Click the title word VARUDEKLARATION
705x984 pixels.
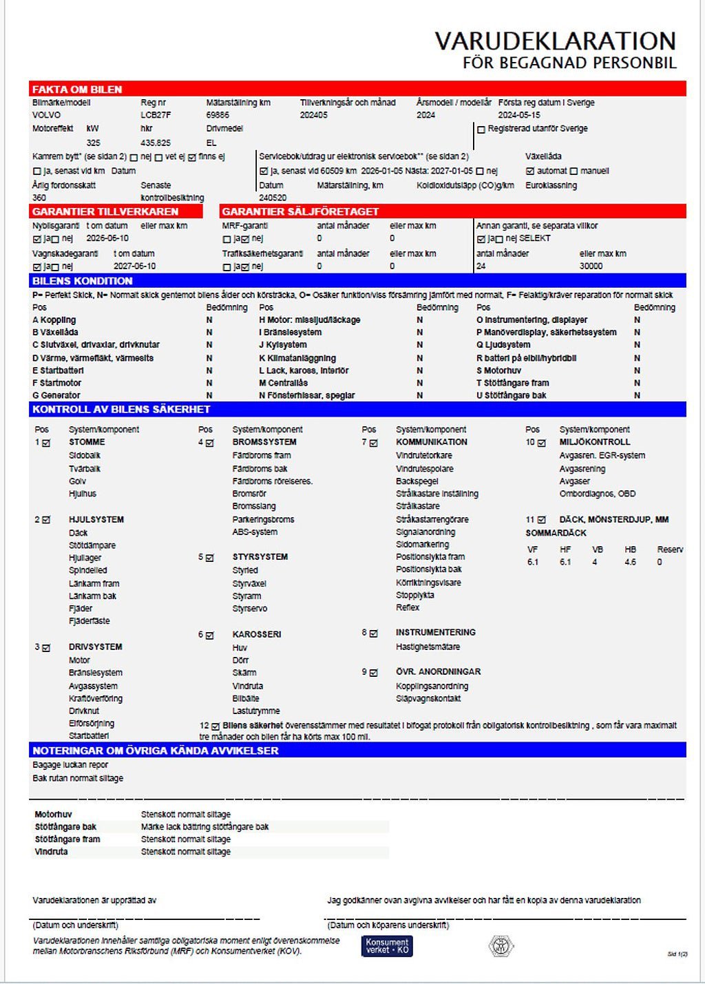(x=555, y=41)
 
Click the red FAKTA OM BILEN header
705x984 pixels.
(x=77, y=90)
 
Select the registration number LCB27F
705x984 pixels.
(x=156, y=115)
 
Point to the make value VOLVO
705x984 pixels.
(x=46, y=115)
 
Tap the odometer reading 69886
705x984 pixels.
(x=218, y=115)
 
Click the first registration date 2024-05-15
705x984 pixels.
(x=519, y=115)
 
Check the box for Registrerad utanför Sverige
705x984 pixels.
(x=481, y=129)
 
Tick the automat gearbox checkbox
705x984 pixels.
(x=530, y=171)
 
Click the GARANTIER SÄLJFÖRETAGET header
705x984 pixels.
(x=300, y=211)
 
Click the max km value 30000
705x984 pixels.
(x=591, y=266)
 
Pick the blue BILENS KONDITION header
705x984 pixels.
(x=83, y=281)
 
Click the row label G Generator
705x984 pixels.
(x=56, y=395)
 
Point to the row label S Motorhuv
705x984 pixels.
(x=498, y=370)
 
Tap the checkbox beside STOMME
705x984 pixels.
(x=46, y=443)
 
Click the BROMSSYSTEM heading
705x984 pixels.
(x=264, y=442)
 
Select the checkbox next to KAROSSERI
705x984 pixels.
(x=210, y=635)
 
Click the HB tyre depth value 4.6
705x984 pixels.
(x=630, y=562)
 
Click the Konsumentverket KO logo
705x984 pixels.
(x=387, y=945)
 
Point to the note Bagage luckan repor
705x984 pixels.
(x=70, y=765)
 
